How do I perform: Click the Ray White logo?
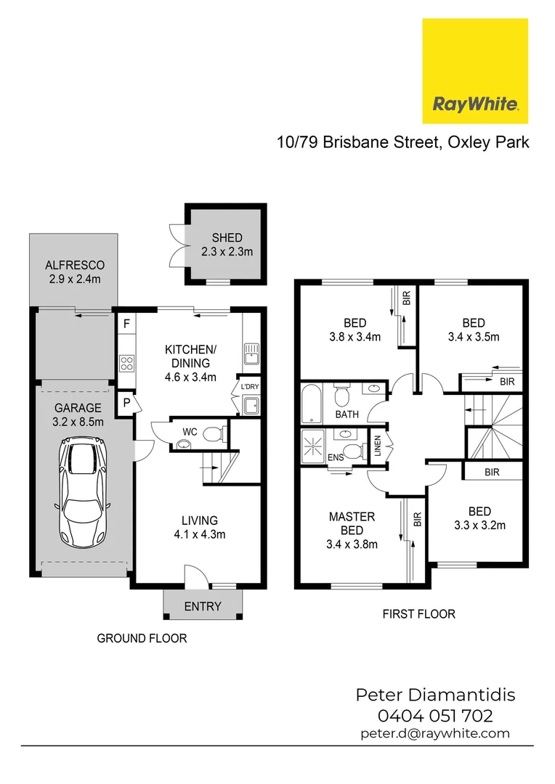(475, 71)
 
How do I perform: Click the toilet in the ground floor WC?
(213, 435)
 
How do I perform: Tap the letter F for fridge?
(126, 324)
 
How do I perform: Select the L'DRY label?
(248, 387)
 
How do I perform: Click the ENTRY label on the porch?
(202, 606)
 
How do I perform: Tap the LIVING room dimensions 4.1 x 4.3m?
(199, 534)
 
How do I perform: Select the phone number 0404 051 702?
(435, 716)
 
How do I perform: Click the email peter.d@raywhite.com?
(435, 733)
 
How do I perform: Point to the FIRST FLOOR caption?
(418, 614)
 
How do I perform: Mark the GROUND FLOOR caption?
(142, 639)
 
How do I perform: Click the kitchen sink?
(251, 353)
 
